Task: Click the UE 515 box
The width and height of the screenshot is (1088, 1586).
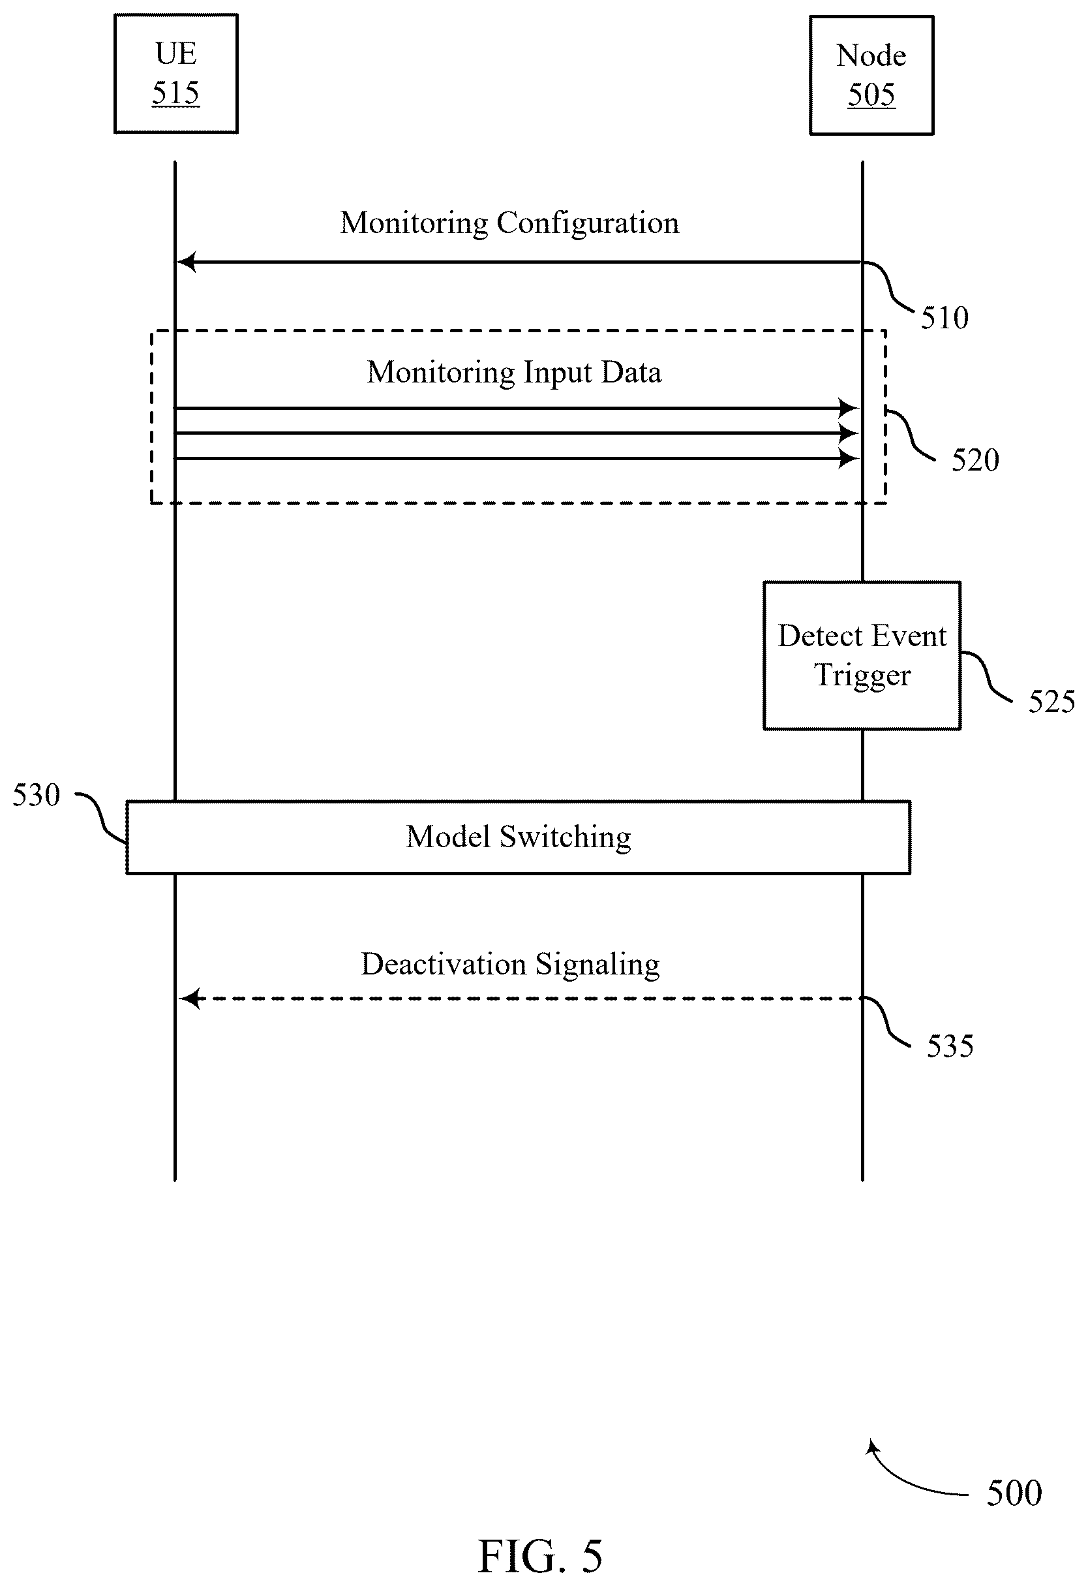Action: [176, 74]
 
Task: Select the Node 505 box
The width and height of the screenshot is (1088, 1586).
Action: [871, 76]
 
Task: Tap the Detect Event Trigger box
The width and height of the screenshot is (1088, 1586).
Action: [862, 656]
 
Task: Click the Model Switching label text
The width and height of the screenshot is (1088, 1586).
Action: [519, 837]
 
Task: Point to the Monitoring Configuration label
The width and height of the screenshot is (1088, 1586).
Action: [509, 223]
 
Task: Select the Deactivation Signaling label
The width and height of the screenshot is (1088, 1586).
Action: [510, 965]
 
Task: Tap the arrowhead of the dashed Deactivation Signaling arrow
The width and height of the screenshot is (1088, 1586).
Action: [189, 999]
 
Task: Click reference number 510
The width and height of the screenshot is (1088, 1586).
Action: [944, 318]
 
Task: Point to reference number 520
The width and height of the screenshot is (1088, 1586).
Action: [975, 461]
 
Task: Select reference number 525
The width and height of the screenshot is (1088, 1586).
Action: [1052, 702]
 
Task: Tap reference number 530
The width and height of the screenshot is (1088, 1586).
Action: [37, 795]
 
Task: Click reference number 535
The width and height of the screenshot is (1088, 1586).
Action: [950, 1046]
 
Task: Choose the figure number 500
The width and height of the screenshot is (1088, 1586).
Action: [1014, 1493]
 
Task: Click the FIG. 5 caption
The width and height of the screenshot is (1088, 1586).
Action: [540, 1556]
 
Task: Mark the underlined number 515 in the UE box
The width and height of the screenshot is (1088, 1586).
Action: [176, 93]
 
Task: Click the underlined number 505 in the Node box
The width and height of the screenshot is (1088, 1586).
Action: [871, 95]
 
